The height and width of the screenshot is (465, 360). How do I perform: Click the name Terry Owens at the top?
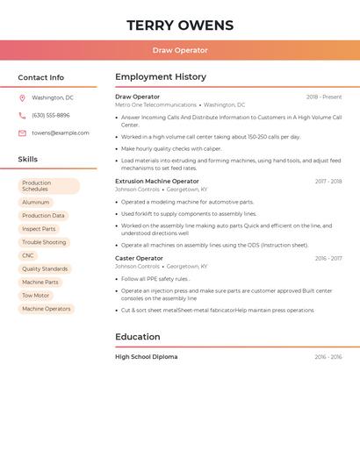point(180,25)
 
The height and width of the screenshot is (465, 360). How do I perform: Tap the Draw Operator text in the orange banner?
point(180,51)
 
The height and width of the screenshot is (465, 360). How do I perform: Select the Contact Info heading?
point(41,77)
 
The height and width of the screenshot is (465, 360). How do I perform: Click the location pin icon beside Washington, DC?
point(22,98)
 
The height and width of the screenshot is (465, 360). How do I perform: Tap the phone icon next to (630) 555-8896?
point(22,116)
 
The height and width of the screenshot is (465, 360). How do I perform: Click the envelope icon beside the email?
point(22,133)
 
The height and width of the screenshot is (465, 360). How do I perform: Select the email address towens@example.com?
point(61,133)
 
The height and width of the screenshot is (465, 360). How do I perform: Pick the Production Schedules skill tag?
point(48,186)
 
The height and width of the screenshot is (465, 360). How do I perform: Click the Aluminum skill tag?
point(36,203)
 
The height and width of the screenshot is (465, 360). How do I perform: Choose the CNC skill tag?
point(28,255)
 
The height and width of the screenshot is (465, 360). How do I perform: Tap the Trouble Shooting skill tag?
point(44,242)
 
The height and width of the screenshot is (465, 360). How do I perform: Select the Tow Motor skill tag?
point(36,296)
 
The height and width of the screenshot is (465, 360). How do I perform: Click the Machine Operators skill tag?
point(47,309)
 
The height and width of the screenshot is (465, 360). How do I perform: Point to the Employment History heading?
point(161,77)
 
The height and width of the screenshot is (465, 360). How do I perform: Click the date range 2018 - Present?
point(324,97)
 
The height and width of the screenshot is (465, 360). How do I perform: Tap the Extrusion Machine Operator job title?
point(157,182)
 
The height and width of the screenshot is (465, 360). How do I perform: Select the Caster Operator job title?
point(139,259)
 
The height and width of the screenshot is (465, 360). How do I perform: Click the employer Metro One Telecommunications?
point(155,104)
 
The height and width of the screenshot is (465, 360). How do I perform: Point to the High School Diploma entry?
point(146,357)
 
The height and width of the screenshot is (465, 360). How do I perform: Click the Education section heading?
point(138,337)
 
